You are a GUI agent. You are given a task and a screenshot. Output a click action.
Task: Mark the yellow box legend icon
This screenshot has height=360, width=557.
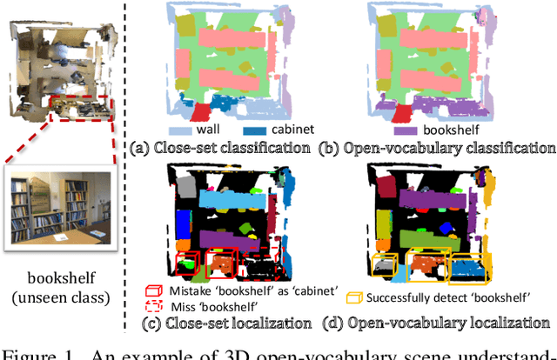353,298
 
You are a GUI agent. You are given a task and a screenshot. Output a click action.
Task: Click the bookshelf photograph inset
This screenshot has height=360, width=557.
59,209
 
